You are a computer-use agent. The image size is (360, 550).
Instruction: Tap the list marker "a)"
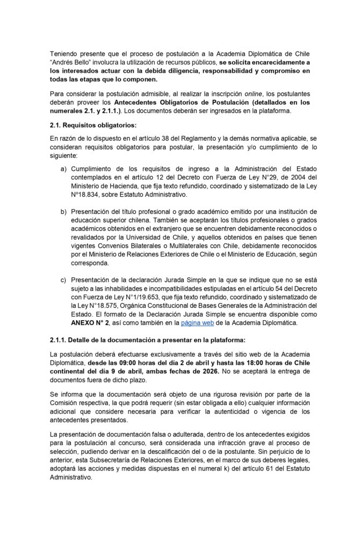click(x=64, y=169)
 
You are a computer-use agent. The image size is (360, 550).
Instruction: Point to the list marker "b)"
click(x=64, y=212)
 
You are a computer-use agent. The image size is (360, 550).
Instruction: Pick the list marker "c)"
click(x=64, y=280)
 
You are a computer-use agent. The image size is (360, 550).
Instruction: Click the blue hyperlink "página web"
click(x=197, y=323)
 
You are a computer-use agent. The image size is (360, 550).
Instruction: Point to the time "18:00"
click(x=246, y=363)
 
